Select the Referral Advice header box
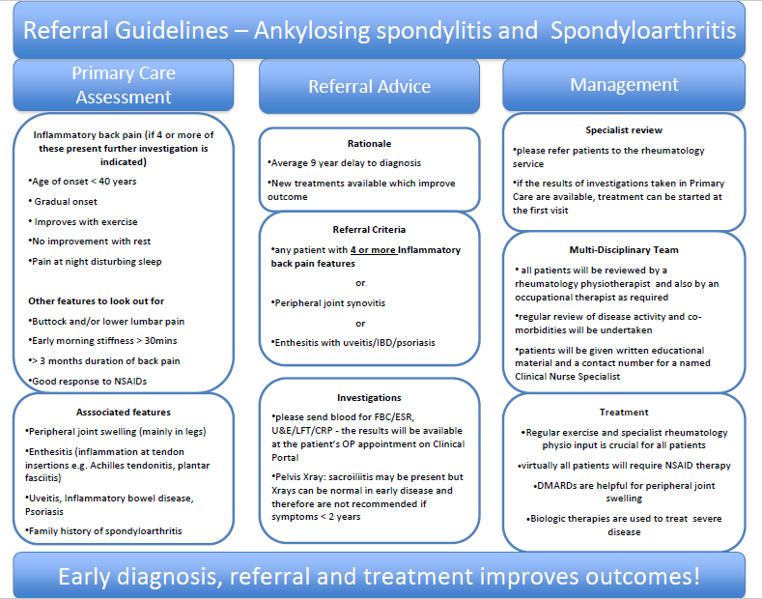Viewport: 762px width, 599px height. click(369, 86)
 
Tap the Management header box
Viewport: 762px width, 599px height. click(624, 85)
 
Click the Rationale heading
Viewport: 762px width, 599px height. click(369, 143)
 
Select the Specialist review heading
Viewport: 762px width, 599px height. click(624, 129)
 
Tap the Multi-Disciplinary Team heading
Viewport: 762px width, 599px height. click(624, 249)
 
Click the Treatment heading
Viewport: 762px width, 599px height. click(624, 412)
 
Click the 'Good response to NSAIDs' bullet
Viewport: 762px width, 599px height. click(88, 380)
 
